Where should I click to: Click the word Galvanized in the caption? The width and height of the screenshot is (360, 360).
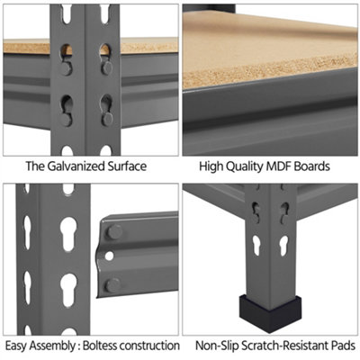[72, 166]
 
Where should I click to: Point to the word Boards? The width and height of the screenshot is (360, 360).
[312, 166]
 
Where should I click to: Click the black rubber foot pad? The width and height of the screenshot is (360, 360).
[270, 313]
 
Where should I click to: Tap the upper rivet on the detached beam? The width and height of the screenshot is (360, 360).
[114, 232]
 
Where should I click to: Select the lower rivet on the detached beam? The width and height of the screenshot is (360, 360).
[113, 285]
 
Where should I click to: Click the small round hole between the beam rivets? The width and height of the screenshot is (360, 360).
[110, 256]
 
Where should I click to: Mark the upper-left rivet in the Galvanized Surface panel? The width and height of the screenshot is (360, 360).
[67, 68]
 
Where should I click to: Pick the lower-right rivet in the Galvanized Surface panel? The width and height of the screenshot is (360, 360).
[107, 119]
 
